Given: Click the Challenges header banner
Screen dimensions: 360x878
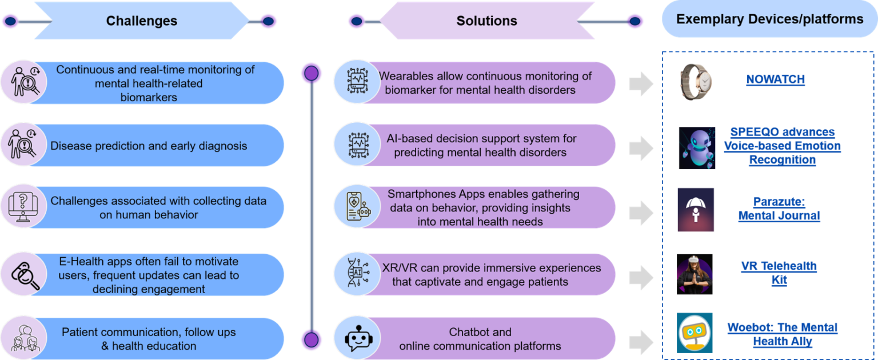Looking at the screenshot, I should tap(142, 21).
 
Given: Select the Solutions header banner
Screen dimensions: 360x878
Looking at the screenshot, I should tap(486, 21).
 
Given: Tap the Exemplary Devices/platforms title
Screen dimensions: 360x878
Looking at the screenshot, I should tap(769, 19).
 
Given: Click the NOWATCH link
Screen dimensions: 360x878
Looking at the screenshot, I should tap(775, 80).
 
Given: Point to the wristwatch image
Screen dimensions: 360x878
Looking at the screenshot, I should tap(696, 82).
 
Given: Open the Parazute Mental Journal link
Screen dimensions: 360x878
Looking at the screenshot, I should tap(779, 209).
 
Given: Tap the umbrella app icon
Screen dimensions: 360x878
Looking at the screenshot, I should tap(696, 210).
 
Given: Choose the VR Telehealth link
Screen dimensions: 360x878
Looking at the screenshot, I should tap(779, 273).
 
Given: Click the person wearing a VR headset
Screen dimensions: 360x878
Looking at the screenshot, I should tap(695, 274).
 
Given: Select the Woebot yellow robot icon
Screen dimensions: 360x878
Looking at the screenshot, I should tap(695, 333).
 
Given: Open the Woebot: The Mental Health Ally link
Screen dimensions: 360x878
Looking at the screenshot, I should tap(782, 335).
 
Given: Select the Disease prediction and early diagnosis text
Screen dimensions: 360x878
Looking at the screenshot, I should tap(149, 146).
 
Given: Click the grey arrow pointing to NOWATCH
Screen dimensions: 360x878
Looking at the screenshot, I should tap(641, 84).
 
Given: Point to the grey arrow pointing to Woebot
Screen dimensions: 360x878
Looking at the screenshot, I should tap(641, 341).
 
